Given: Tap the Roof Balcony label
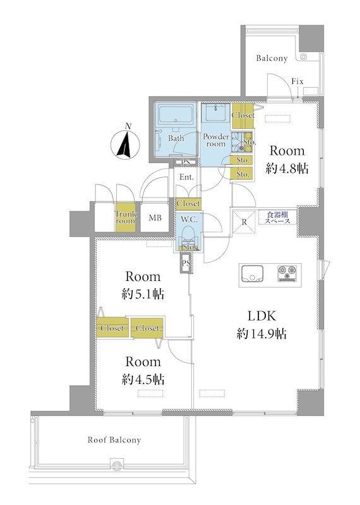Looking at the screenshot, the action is (114, 440).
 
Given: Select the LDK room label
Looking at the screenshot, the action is (261, 316).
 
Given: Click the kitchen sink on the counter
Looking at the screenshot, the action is (252, 274).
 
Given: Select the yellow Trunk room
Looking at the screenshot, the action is (126, 217).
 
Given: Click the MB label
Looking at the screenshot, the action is (155, 218).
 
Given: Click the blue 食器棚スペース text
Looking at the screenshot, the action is (277, 218).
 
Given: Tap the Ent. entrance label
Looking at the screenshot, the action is (186, 177).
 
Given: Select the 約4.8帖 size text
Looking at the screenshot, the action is (287, 168).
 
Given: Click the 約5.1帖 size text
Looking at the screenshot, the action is (143, 294).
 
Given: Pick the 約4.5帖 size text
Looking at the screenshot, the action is (143, 379).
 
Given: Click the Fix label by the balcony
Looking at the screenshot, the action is (297, 81).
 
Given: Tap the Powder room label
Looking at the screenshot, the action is (216, 140).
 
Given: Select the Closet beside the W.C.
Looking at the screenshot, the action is (188, 203).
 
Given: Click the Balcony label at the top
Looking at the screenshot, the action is (272, 58).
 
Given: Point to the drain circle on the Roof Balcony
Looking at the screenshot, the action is (116, 464).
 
